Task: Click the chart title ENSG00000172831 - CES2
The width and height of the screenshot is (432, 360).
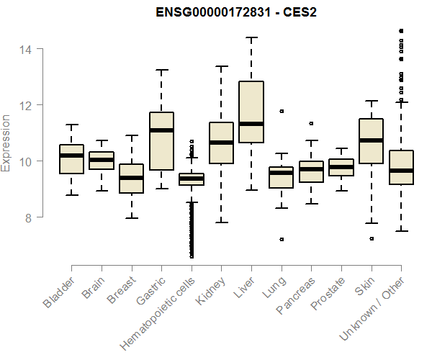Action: click(x=236, y=12)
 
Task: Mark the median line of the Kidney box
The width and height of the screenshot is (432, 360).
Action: click(x=221, y=142)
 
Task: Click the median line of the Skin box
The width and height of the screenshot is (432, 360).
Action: click(x=371, y=140)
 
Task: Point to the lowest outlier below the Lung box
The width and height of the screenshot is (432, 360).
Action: click(x=282, y=239)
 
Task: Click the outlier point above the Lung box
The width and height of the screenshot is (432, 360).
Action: click(x=282, y=111)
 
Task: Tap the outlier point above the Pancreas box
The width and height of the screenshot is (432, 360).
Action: click(x=311, y=123)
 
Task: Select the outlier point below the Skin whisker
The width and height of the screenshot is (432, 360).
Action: click(x=372, y=238)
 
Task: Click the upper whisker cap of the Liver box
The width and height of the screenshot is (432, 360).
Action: click(x=251, y=37)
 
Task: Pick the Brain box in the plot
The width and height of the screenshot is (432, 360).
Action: click(x=102, y=161)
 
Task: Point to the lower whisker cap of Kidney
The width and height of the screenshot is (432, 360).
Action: click(x=221, y=222)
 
